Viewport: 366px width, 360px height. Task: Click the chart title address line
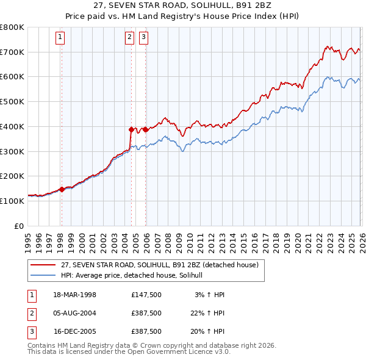point(182,6)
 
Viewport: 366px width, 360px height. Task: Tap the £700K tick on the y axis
point(12,52)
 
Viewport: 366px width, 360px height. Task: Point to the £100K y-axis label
point(12,201)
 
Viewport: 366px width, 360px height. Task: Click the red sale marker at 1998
point(62,189)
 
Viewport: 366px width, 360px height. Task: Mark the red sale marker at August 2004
point(131,129)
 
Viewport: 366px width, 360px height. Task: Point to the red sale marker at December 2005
point(146,129)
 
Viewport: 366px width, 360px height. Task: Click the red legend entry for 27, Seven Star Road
point(160,265)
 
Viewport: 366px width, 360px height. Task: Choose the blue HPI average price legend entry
point(135,276)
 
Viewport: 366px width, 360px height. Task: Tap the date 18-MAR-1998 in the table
point(74,295)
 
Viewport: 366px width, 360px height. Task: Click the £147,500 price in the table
point(146,295)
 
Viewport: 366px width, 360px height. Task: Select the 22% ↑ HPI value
point(207,313)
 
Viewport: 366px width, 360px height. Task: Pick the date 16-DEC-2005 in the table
point(74,331)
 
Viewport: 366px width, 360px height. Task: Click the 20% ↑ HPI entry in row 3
point(207,331)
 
